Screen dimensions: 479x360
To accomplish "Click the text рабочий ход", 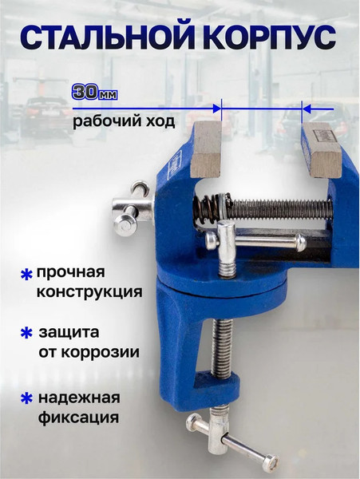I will [123, 123].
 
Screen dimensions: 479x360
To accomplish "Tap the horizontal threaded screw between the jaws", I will [279, 208].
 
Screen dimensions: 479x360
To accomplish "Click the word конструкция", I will [89, 292].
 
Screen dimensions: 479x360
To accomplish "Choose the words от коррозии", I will [89, 352].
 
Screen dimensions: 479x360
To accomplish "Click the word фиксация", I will [77, 417].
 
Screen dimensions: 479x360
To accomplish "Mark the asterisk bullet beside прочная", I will [26, 275].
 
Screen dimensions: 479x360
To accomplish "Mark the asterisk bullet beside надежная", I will [26, 398].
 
